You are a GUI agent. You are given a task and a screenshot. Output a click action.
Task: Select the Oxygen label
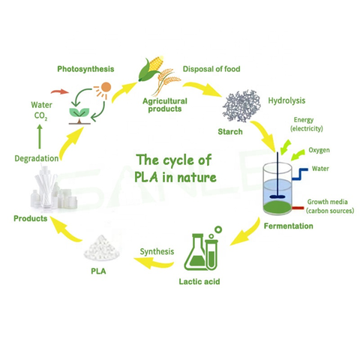[x=319, y=150]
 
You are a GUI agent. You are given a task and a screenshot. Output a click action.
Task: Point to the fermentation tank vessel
[x=284, y=188]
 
